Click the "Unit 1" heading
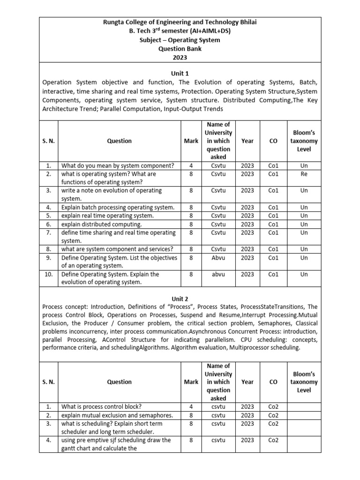180,74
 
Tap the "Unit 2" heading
180,298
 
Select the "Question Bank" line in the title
180,49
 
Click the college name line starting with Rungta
180,22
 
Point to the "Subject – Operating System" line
180,40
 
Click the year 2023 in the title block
180,57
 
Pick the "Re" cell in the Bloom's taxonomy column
304,174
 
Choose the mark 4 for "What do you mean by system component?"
191,165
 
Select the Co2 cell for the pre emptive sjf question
273,440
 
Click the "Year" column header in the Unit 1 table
247,141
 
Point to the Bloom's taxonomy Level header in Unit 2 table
304,382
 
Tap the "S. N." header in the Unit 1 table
48,141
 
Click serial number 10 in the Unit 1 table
48,274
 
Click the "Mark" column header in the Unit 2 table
191,382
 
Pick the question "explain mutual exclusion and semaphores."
117,415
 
